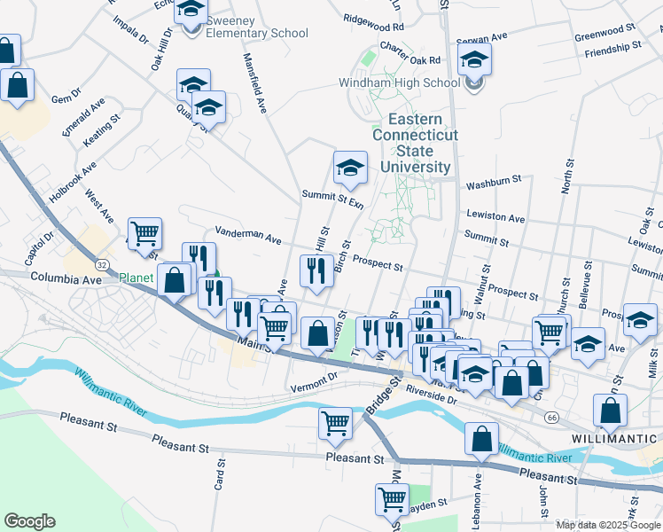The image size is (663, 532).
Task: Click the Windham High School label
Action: point(399,83)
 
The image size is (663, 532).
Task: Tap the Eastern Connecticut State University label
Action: point(416,143)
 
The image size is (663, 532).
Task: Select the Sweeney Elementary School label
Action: point(245,34)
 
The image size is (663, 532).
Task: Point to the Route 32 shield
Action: point(103,265)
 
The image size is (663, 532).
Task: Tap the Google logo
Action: point(29,521)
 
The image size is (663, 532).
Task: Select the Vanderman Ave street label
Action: point(247,235)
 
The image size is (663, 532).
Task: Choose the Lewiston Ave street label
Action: point(495,218)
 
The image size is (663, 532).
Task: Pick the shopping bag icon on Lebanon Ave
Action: point(481,438)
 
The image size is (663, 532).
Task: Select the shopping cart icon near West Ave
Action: point(144,234)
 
